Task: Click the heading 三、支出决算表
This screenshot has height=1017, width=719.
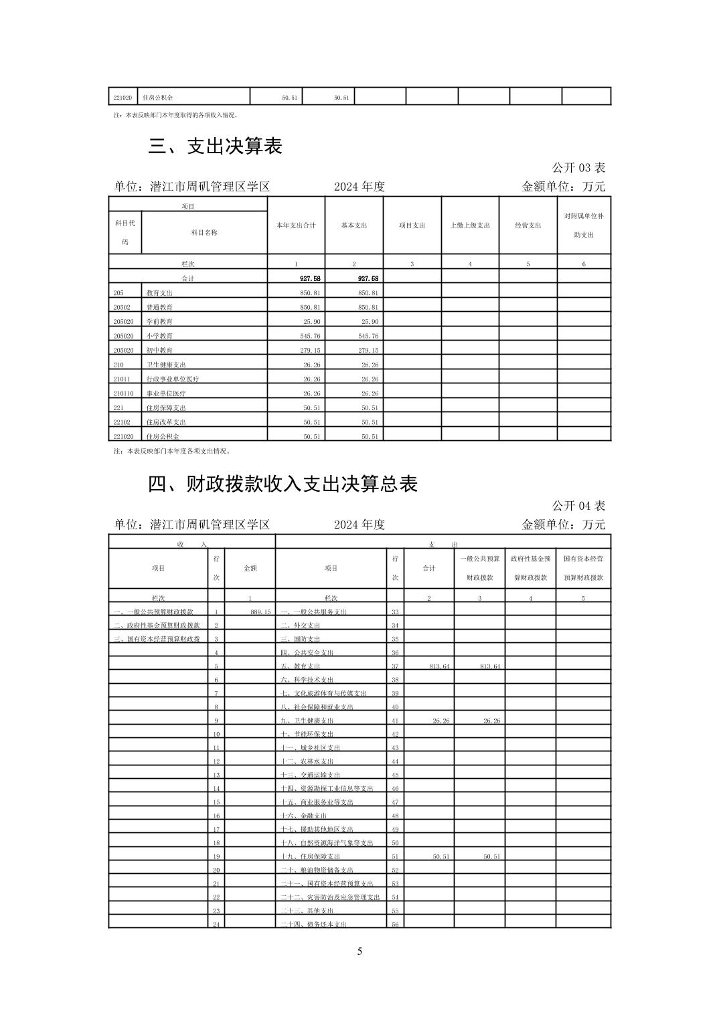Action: point(215,147)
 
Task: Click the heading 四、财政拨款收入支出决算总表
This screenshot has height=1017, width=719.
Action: point(283,484)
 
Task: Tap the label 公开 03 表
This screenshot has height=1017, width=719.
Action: point(578,167)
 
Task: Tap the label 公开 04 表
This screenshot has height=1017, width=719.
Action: point(578,505)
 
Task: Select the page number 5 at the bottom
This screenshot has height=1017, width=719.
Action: point(359,951)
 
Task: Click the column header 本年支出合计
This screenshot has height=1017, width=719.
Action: point(296,225)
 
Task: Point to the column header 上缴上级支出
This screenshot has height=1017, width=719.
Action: point(470,225)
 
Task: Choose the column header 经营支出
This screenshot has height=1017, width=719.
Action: point(528,225)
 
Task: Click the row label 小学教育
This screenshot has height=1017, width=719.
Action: point(159,336)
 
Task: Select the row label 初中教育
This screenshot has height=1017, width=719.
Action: point(159,351)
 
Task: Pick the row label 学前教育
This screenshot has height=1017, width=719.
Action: point(159,322)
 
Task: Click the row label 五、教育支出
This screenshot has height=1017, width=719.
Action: point(301,666)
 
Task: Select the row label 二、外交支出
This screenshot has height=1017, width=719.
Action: point(301,626)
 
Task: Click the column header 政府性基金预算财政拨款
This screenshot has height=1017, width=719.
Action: point(530,567)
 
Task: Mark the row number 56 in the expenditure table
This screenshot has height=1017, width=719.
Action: point(395,925)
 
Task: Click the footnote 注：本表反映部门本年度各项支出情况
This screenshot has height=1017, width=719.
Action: point(173,451)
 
